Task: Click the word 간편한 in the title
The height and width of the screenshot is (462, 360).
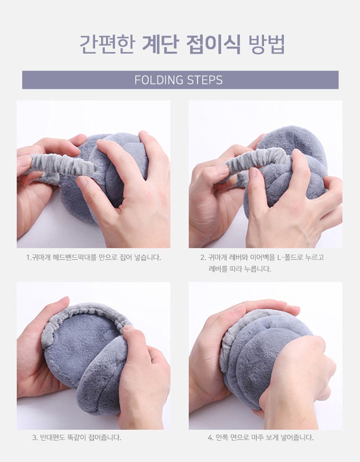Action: pyautogui.click(x=107, y=44)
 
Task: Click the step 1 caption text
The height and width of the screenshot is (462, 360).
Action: pyautogui.click(x=94, y=258)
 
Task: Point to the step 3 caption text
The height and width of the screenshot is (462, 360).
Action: pyautogui.click(x=77, y=437)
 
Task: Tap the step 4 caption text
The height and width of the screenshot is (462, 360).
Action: pyautogui.click(x=260, y=437)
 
